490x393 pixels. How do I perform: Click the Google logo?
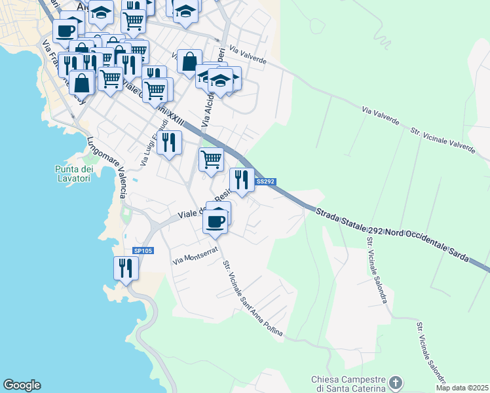coord(22,385)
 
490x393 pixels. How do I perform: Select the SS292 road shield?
coord(264,182)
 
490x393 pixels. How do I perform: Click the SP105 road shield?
coord(142,251)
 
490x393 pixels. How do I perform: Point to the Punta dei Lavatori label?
coord(73,173)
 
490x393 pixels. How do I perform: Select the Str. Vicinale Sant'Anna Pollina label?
coord(253,300)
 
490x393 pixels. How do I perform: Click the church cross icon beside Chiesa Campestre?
coord(395,382)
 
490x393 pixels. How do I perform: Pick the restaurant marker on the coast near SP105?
coord(125,268)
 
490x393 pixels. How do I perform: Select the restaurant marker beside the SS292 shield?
coord(242,179)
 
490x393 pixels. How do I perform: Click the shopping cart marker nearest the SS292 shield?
coord(211,159)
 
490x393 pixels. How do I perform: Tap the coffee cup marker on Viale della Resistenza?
coord(216,221)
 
